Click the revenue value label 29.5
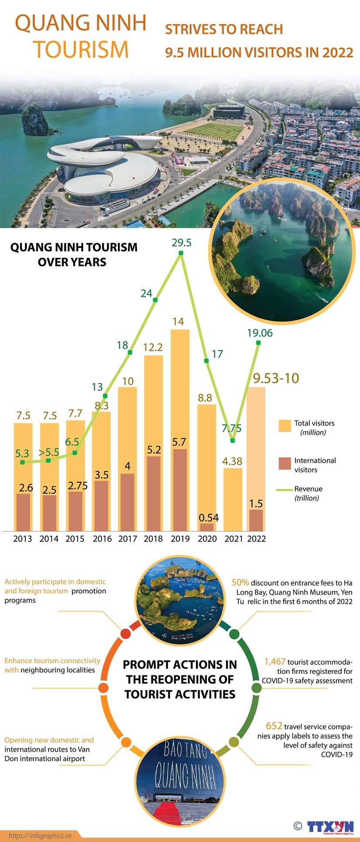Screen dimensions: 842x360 click(x=182, y=243)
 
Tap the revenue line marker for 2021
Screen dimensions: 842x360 click(x=233, y=440)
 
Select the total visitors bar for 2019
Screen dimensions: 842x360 click(x=180, y=388)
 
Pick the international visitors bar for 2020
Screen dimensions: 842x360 click(x=207, y=527)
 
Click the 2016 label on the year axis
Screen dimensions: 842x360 click(x=102, y=539)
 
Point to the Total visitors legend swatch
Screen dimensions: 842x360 click(x=285, y=426)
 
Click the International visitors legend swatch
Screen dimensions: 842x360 click(x=285, y=463)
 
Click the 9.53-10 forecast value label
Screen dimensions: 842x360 click(x=276, y=378)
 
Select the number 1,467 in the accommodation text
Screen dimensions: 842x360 click(x=275, y=662)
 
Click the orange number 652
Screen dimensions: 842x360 click(x=274, y=726)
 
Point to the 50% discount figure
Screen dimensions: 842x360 click(x=240, y=582)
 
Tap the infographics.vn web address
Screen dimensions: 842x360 click(x=40, y=835)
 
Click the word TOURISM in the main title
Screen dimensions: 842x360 click(x=81, y=49)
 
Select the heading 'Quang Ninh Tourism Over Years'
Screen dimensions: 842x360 click(x=74, y=254)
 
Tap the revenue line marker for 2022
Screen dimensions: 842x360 click(x=258, y=344)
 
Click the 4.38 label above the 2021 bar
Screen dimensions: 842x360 click(x=232, y=461)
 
